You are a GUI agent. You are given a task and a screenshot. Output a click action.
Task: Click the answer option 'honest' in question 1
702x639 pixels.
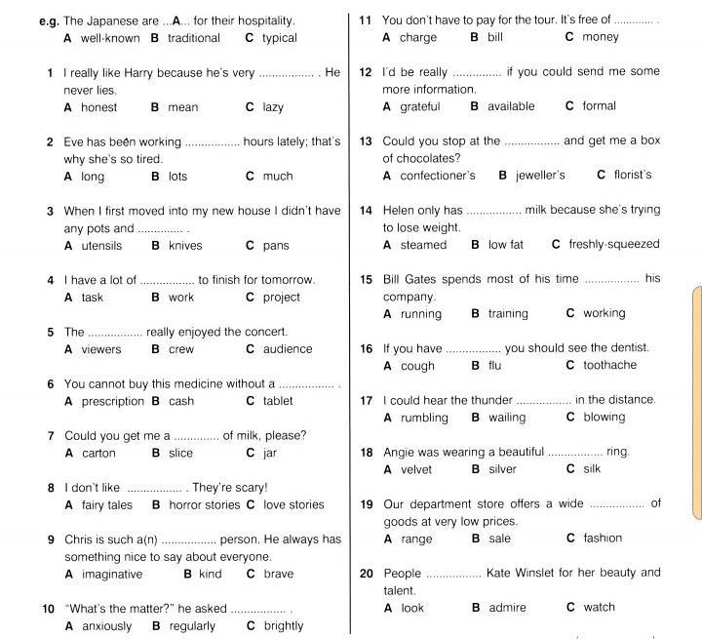(x=98, y=107)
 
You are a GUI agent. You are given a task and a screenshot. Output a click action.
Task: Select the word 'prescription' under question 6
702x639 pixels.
(x=112, y=401)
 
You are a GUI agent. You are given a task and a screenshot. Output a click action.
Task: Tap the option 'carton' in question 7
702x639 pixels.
(x=98, y=453)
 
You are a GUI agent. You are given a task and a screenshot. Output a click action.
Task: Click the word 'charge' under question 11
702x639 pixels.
(x=417, y=37)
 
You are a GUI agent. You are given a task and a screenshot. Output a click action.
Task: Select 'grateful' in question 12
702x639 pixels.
(x=419, y=106)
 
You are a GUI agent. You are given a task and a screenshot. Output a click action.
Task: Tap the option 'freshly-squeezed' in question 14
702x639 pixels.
(x=614, y=245)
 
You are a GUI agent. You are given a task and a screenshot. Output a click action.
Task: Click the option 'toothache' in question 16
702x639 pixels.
(x=609, y=365)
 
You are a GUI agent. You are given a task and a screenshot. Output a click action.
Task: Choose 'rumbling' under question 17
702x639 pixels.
(x=424, y=418)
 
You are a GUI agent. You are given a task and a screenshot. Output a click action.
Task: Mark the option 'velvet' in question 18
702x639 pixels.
(x=414, y=469)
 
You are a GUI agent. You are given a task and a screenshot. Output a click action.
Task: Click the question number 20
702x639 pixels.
(x=367, y=574)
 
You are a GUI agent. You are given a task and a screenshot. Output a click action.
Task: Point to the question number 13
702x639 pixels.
(x=366, y=141)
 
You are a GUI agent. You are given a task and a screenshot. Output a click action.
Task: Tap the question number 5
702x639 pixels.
(x=50, y=332)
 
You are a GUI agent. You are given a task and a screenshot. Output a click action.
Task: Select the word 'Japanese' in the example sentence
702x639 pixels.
(x=115, y=20)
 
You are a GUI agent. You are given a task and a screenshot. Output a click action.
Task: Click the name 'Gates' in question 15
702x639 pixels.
(x=428, y=279)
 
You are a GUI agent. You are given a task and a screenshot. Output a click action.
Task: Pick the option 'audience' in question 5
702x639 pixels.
(x=288, y=349)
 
